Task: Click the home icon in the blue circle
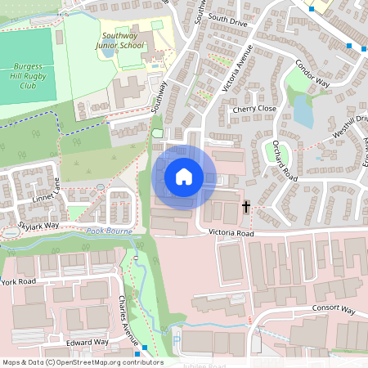184,176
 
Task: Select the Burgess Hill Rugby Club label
29,75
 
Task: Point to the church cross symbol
246,208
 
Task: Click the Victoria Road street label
232,233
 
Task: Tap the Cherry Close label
254,108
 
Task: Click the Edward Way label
88,342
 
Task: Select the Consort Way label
334,311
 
